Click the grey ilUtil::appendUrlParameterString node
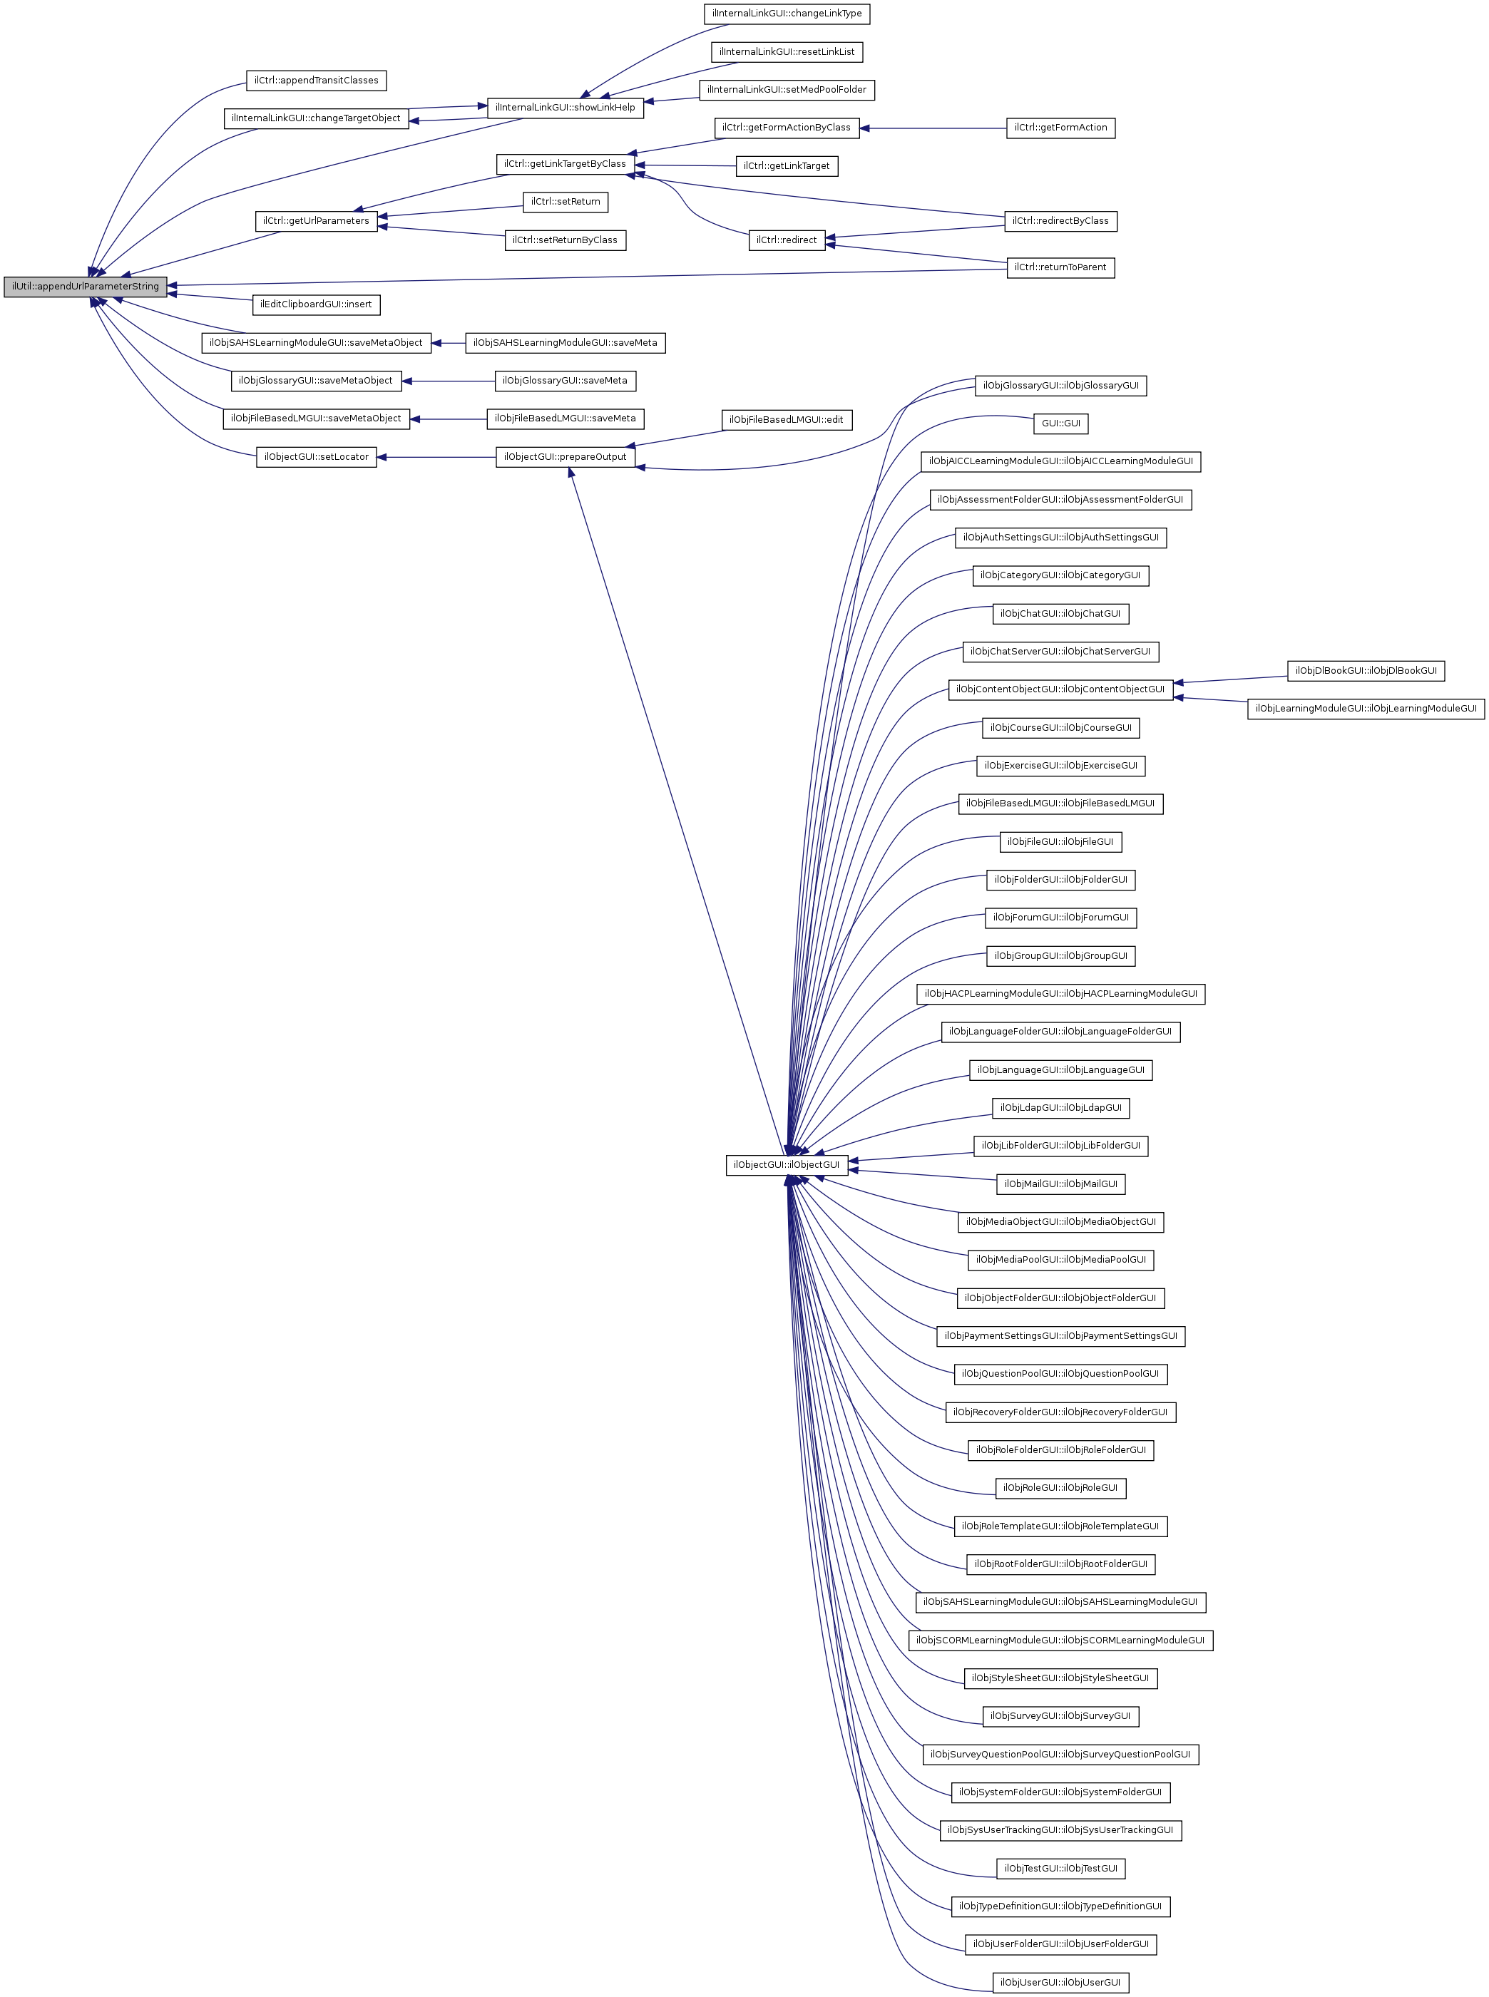point(85,287)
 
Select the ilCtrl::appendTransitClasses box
point(317,80)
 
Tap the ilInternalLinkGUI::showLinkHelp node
point(565,107)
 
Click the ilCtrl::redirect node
point(787,240)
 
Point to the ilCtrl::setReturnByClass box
point(565,240)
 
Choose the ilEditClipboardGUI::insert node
point(317,304)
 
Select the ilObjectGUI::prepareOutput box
point(565,457)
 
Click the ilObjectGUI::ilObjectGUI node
point(786,1164)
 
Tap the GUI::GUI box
point(1061,423)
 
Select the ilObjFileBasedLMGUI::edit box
point(787,419)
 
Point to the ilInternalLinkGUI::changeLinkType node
point(787,14)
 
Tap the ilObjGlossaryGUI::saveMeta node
point(565,381)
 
